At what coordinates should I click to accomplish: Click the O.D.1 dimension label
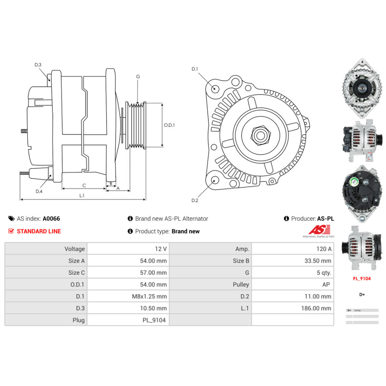tap(169, 125)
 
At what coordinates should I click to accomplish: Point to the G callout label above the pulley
tap(138, 76)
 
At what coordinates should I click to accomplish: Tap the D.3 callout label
tap(38, 65)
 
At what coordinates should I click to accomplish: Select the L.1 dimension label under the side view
tap(82, 196)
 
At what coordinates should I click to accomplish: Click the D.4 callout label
tap(39, 191)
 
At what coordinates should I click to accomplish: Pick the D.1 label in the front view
tap(195, 69)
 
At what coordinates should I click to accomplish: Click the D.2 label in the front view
tap(195, 200)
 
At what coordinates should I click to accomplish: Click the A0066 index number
tap(51, 218)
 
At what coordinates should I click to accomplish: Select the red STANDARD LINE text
tap(39, 231)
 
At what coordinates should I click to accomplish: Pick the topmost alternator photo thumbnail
tap(362, 88)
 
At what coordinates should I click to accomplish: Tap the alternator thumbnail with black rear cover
tap(362, 193)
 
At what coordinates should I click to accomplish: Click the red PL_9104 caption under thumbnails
tap(362, 278)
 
